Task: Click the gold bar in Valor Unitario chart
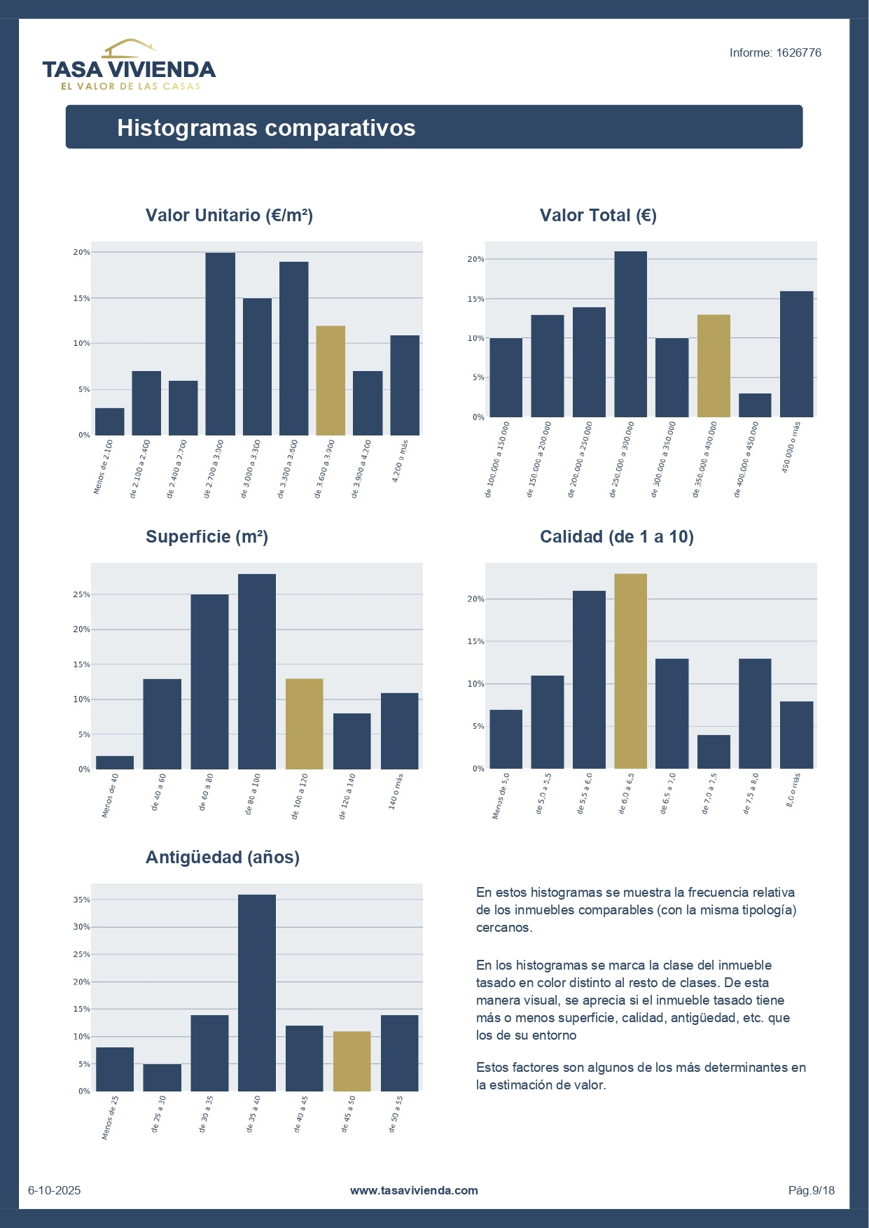pos(331,381)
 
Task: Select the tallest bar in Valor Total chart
pos(630,335)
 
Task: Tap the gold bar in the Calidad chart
pos(630,671)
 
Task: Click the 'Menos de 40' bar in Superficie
pos(115,762)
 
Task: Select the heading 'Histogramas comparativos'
pos(266,128)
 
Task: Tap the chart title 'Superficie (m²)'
pos(207,537)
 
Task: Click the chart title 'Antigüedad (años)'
pos(222,858)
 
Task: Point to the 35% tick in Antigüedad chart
pos(82,900)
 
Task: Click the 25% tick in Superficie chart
pos(82,595)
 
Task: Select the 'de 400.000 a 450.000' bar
pos(755,405)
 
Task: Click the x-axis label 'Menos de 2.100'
pos(103,467)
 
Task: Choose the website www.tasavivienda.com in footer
pos(414,1190)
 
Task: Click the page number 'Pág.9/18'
pos(811,1190)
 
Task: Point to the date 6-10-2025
pos(55,1190)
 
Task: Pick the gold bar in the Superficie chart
pos(305,724)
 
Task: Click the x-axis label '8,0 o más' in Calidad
pos(793,790)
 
